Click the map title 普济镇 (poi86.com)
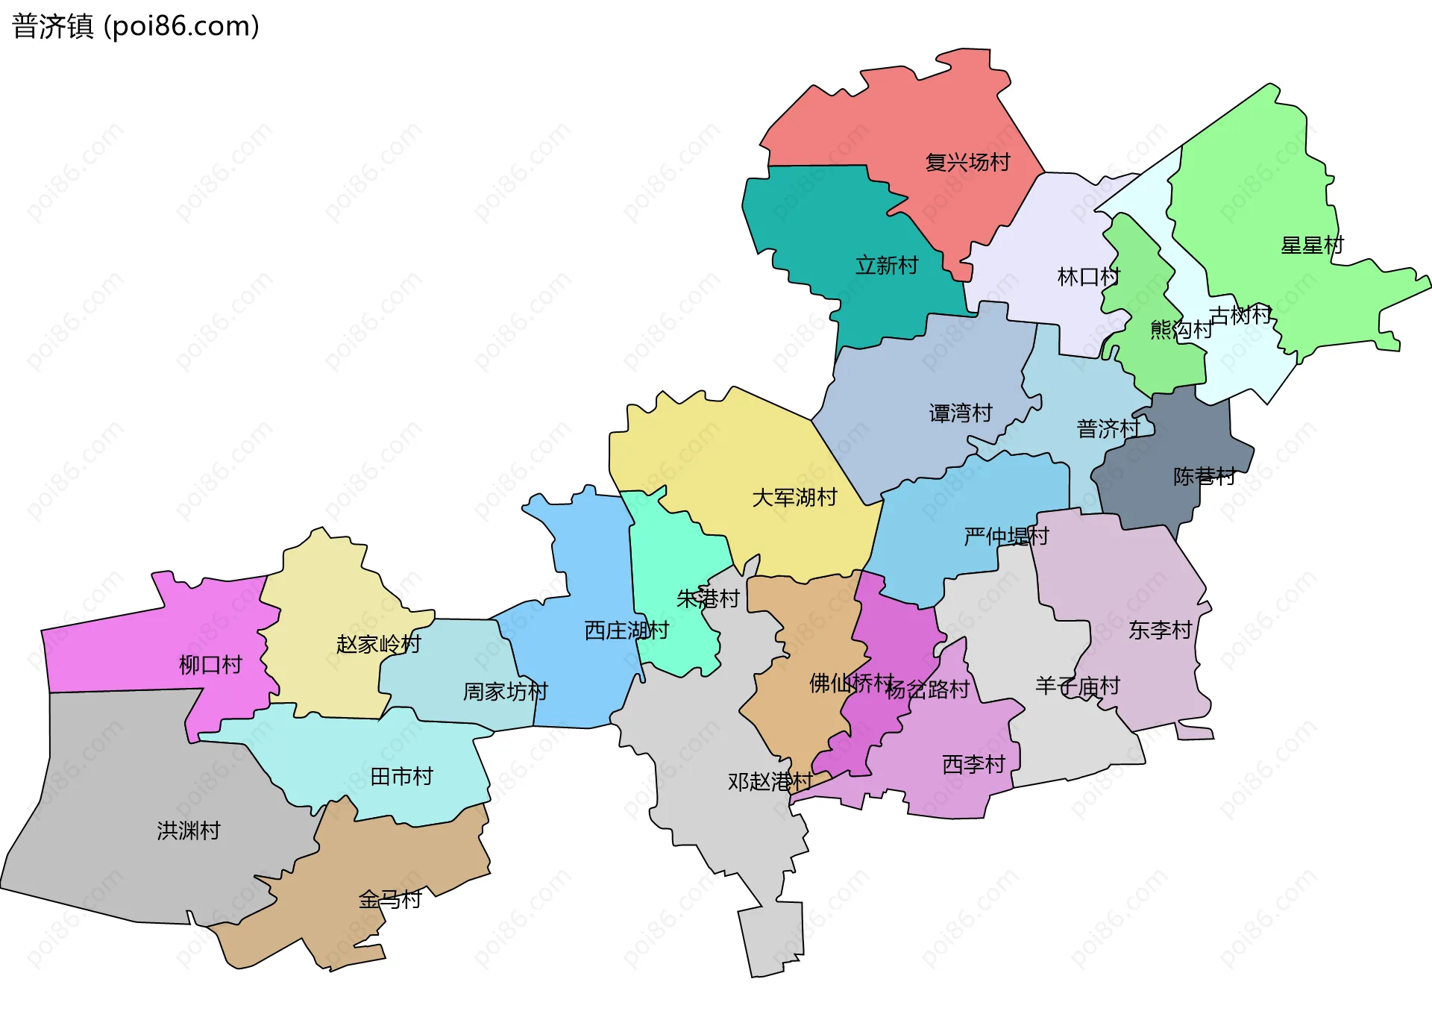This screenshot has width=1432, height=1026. (x=135, y=26)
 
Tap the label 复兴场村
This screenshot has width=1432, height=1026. (x=967, y=162)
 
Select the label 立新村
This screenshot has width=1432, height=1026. (x=886, y=265)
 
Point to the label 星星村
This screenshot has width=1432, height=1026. (x=1312, y=245)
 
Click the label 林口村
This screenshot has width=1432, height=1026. (x=1088, y=277)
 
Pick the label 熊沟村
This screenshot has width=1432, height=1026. (x=1181, y=329)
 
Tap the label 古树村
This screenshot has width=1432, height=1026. (x=1240, y=315)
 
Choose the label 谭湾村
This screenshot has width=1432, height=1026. (x=960, y=413)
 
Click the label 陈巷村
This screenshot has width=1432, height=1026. (x=1204, y=476)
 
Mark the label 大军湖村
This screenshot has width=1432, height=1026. (x=794, y=497)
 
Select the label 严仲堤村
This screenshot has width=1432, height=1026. (x=1005, y=536)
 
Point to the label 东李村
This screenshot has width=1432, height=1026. (x=1160, y=630)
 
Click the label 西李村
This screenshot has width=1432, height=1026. (x=973, y=764)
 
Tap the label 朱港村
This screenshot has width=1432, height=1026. (x=707, y=598)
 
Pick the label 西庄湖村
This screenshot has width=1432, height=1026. (x=626, y=631)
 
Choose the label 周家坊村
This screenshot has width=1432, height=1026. (x=505, y=692)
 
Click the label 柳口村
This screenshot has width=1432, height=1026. (x=210, y=664)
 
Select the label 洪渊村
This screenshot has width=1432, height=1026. (x=188, y=831)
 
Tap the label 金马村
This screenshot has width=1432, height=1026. (x=390, y=899)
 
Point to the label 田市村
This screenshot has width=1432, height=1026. (x=401, y=777)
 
